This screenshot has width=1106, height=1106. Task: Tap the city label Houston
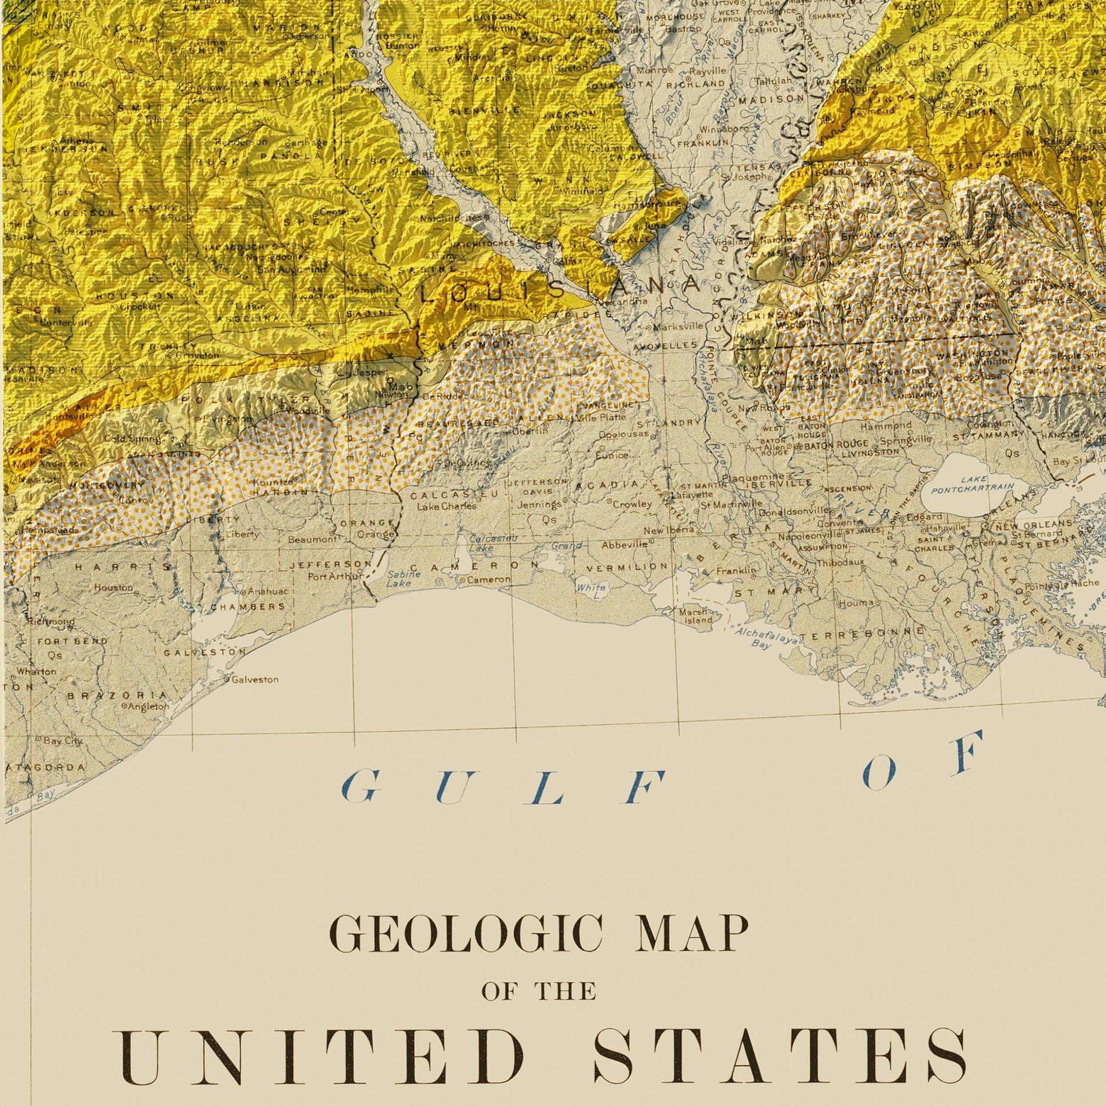click(x=113, y=588)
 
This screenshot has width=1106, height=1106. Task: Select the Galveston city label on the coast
click(x=255, y=680)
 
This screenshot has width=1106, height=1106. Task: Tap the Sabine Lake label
click(x=399, y=579)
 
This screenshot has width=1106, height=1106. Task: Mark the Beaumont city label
click(x=311, y=540)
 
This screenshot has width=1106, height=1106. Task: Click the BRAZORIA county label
click(x=118, y=695)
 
